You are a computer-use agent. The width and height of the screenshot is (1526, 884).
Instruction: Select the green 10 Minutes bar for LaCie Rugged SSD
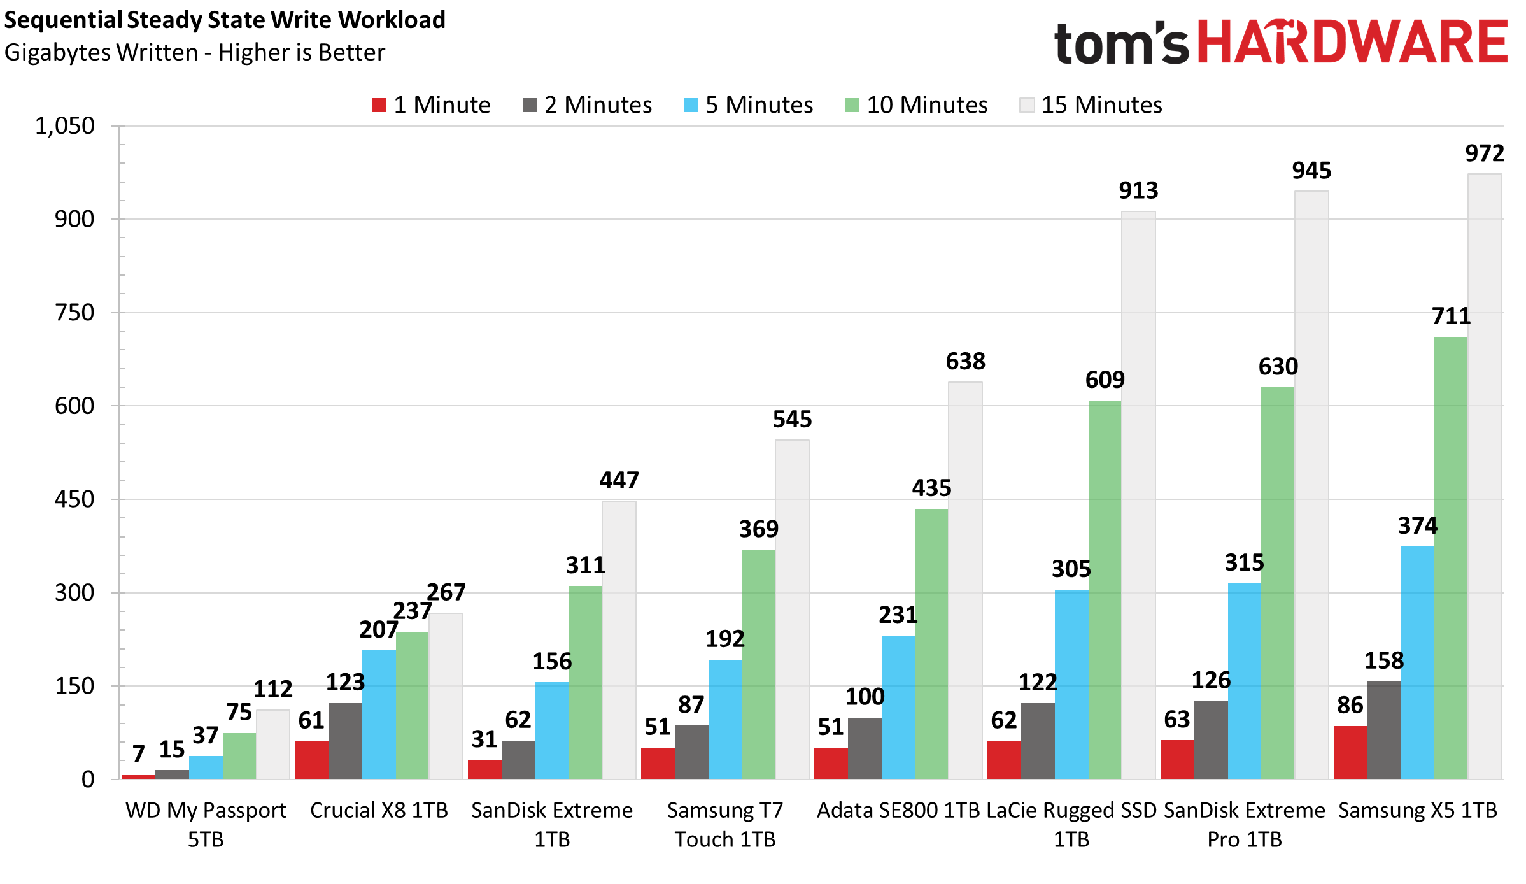tap(1105, 590)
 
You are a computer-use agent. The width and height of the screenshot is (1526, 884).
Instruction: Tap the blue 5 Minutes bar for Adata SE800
tap(898, 707)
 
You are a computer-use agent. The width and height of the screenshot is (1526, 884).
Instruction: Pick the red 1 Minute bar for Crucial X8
tap(311, 760)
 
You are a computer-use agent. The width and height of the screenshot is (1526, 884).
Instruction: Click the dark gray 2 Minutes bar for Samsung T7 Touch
tap(691, 752)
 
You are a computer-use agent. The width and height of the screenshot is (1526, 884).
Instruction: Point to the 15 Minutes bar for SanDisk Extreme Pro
tap(1311, 485)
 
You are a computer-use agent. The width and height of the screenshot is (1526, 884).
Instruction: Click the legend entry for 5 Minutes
tap(749, 105)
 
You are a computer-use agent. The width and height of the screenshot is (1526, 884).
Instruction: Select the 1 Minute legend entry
tap(431, 105)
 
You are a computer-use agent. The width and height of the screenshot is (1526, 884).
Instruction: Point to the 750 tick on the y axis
tap(74, 313)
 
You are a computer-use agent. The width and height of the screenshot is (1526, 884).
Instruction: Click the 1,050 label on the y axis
tap(65, 126)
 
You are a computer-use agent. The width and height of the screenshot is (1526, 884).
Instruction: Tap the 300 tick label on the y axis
tap(74, 593)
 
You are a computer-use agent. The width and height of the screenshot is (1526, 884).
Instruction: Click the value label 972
tap(1485, 153)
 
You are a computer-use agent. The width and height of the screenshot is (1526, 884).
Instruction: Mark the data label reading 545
tap(792, 419)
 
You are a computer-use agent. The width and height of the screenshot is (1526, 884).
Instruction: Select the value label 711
tap(1451, 316)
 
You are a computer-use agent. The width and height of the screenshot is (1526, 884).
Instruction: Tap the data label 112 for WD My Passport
tap(273, 689)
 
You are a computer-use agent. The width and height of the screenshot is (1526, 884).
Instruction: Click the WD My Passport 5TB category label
tap(206, 824)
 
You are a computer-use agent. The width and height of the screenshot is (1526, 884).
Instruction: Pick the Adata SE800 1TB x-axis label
tap(898, 810)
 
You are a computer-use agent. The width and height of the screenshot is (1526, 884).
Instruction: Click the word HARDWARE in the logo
tap(1352, 43)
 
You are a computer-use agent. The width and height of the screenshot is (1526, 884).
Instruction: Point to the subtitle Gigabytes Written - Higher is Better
tap(195, 52)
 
